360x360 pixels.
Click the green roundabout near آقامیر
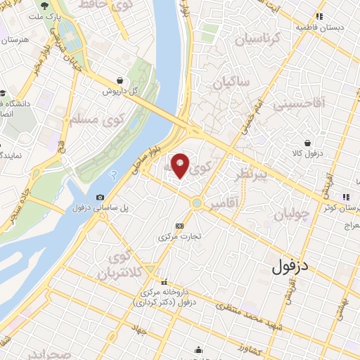197,204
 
